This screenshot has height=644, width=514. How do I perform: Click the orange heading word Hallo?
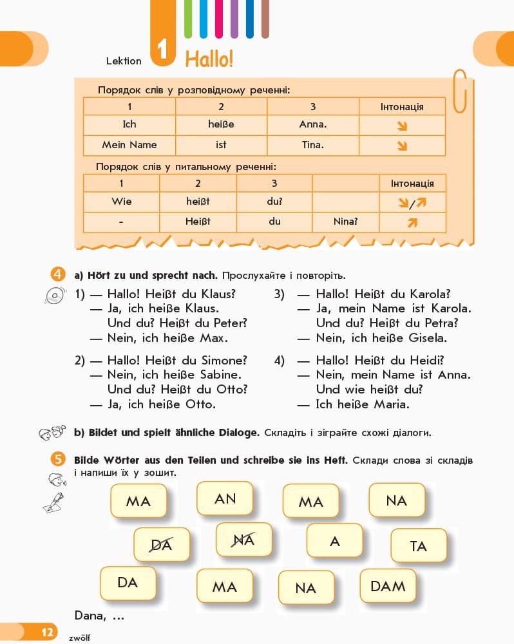209,59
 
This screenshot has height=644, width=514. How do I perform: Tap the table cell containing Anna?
313,124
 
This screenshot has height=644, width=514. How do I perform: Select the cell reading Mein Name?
129,145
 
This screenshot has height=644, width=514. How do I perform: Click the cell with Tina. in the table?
313,145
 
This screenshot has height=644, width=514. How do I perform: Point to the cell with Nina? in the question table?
345,222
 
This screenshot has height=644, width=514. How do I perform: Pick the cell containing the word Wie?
122,202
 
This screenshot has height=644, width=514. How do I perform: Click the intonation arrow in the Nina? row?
412,222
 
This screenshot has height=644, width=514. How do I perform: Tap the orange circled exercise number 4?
58,274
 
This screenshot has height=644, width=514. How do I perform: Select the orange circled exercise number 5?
58,459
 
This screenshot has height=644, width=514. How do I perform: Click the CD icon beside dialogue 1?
55,296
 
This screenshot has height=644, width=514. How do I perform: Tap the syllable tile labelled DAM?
388,586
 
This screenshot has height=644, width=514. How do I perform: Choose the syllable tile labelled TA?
419,546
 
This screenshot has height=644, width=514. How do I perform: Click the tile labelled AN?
225,498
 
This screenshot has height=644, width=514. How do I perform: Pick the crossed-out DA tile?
162,545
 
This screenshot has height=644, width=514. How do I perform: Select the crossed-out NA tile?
244,540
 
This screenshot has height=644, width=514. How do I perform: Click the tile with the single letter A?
335,541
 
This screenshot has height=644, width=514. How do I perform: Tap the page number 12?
47,632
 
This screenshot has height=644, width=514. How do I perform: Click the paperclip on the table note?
460,91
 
